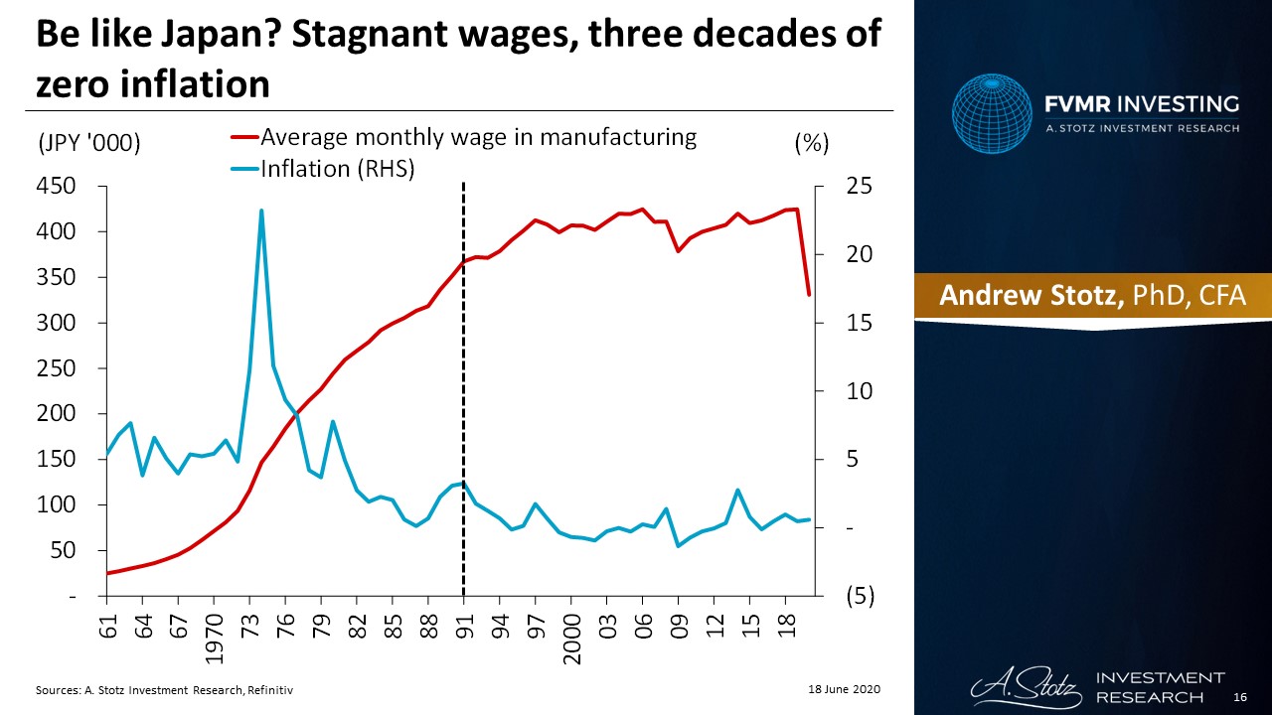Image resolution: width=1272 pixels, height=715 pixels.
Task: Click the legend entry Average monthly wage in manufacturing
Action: tap(478, 137)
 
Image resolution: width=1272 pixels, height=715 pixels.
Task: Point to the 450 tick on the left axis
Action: tap(57, 186)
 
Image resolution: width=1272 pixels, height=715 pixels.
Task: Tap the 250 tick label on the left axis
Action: tap(57, 368)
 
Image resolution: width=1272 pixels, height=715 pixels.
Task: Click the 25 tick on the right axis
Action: tap(859, 186)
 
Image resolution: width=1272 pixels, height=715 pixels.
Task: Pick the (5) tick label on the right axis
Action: tap(860, 596)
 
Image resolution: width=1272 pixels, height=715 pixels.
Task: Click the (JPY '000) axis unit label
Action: tap(88, 143)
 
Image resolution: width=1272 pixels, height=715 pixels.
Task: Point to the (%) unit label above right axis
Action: tap(811, 143)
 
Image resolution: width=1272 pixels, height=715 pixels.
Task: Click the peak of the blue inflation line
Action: tap(261, 211)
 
